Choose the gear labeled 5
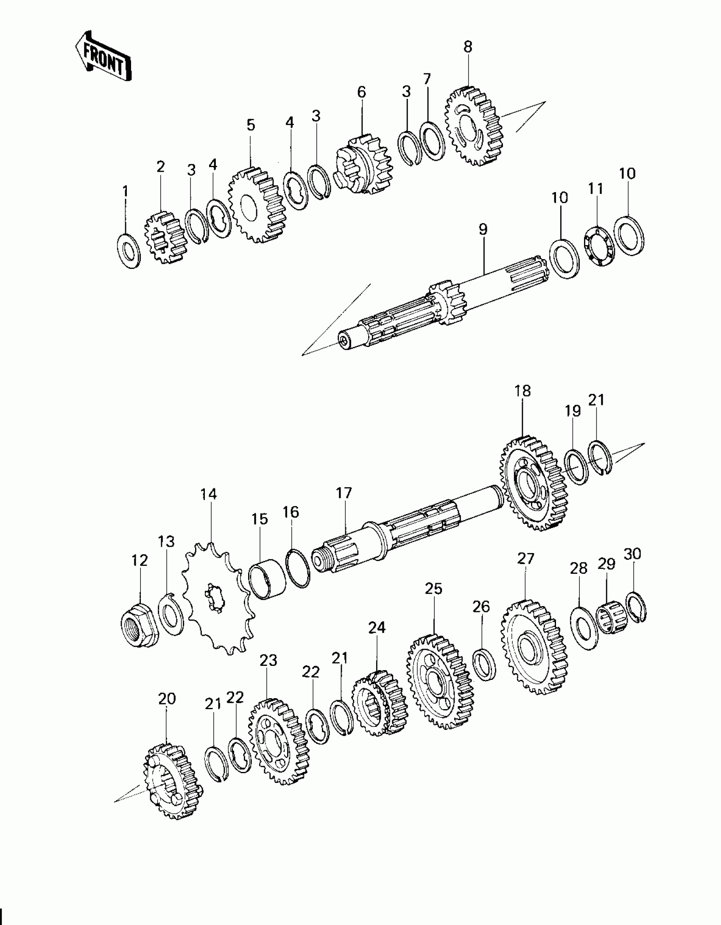click(257, 205)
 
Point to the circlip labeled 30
click(636, 607)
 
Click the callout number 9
click(483, 229)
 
